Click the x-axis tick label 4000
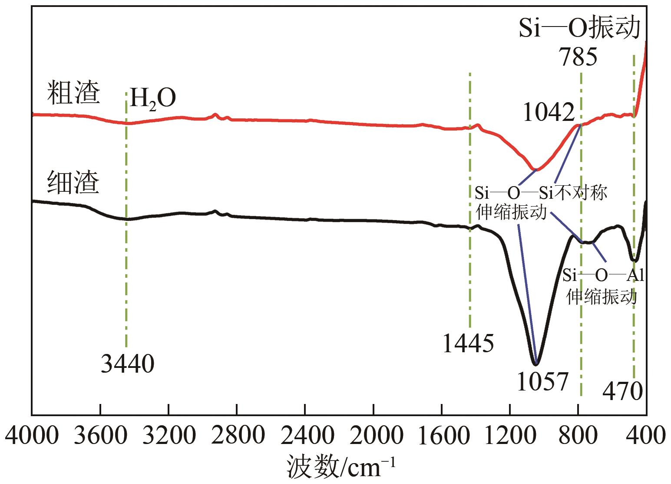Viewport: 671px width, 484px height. coord(31,436)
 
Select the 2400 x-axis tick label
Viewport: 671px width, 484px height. coord(305,436)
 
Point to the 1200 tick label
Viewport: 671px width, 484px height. coord(509,436)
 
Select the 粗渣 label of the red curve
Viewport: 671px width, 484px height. coord(73,91)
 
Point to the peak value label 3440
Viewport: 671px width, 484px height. coord(127,364)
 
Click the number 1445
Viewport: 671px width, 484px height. coord(468,344)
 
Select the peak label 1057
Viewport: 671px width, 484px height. coord(542,381)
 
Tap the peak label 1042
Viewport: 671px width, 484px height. coord(549,113)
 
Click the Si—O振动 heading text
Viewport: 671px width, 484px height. coord(580,29)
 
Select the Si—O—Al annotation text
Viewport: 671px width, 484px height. coord(603,275)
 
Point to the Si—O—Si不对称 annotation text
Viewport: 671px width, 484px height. coord(541,192)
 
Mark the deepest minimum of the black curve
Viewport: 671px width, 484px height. coord(536,364)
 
